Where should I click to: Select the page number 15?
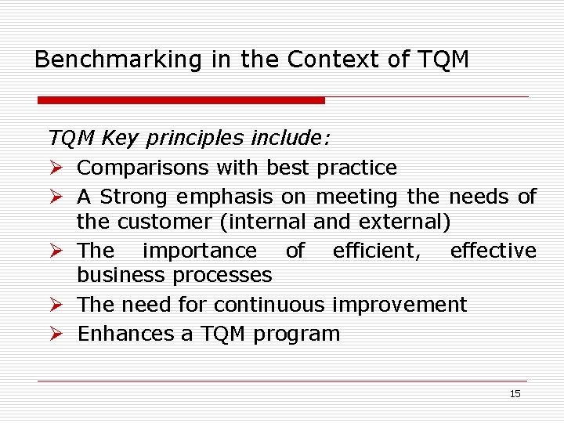coord(515,394)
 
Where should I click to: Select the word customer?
coord(164,222)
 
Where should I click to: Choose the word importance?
coord(200,251)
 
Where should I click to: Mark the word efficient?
coord(376,251)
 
